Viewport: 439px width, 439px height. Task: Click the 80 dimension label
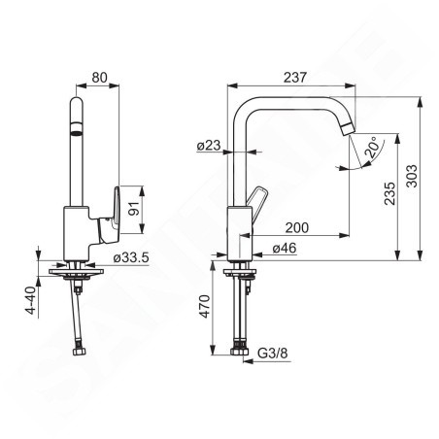click(99, 78)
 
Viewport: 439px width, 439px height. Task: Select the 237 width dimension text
click(294, 78)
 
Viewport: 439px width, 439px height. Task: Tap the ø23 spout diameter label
click(209, 146)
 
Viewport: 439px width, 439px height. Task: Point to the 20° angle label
click(372, 148)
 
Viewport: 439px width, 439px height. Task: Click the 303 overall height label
click(412, 176)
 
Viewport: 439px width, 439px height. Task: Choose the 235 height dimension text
click(389, 193)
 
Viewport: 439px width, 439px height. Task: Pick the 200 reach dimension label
click(296, 227)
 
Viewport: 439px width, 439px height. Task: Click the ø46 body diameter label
click(285, 249)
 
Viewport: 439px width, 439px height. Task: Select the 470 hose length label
click(204, 306)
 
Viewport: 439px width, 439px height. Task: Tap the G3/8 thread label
click(273, 353)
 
